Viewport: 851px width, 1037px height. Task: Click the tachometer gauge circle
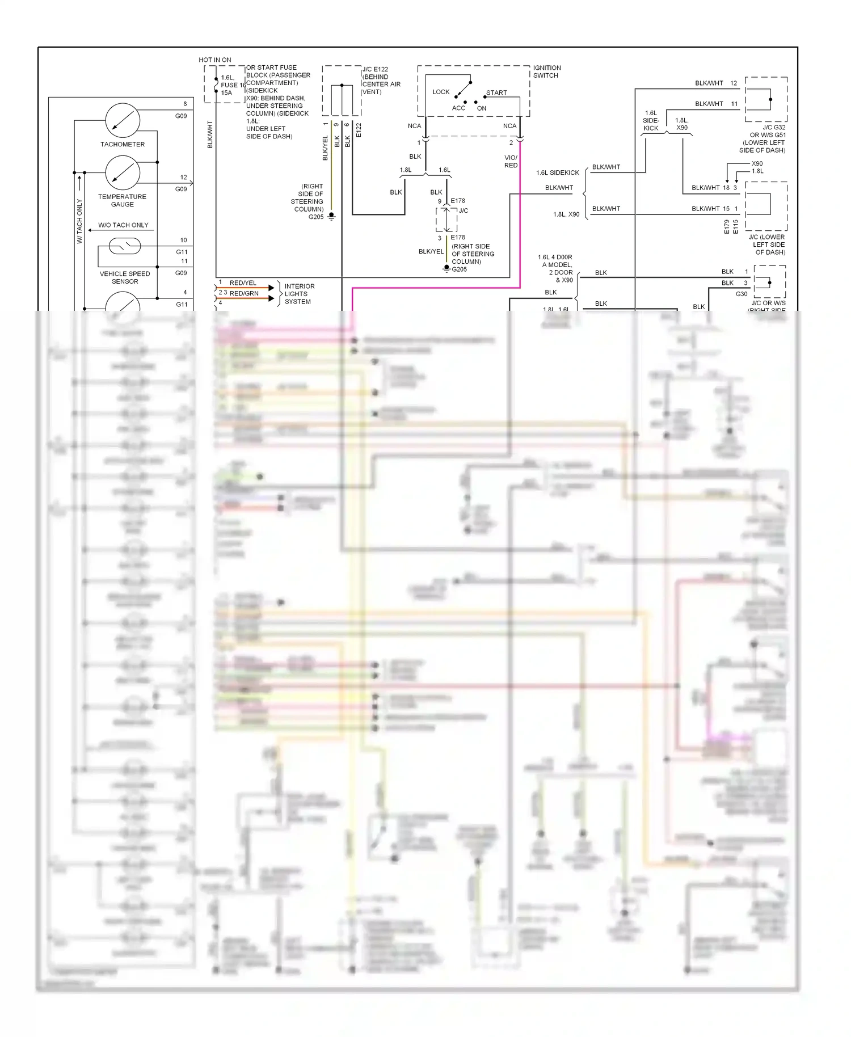[123, 120]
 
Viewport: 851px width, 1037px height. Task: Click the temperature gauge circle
[123, 172]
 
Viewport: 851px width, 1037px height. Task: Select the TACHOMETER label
[123, 145]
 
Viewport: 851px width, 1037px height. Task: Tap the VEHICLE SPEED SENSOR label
[125, 277]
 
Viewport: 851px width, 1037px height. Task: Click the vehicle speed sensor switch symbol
[125, 246]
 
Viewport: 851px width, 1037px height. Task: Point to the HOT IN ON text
[214, 60]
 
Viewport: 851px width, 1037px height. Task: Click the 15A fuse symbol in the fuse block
[216, 85]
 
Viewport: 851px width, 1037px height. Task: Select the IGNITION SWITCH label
[546, 71]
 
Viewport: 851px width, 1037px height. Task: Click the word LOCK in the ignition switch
[441, 92]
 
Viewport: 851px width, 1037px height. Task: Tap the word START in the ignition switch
[496, 92]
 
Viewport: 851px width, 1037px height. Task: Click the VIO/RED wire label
[511, 162]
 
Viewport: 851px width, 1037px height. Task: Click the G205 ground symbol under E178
[447, 268]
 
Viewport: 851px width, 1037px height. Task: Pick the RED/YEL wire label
[243, 283]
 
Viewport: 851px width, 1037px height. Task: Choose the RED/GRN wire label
[244, 294]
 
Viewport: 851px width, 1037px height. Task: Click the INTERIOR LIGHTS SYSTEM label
[299, 294]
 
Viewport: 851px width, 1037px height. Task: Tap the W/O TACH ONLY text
[123, 225]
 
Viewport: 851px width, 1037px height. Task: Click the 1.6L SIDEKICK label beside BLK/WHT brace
[557, 173]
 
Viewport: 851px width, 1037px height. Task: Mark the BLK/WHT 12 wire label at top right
[715, 83]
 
